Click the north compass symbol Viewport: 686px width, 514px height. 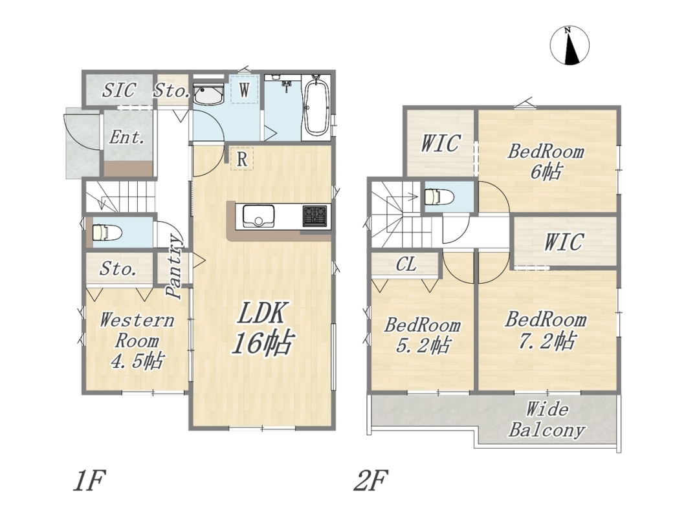click(570, 45)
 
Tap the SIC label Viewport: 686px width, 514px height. click(119, 91)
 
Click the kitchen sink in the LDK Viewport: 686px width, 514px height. click(259, 217)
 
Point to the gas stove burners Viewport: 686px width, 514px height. click(315, 217)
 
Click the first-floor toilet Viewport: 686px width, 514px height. click(106, 232)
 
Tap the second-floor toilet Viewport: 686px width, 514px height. click(438, 197)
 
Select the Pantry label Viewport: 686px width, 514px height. click(174, 267)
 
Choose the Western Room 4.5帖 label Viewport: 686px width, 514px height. click(137, 341)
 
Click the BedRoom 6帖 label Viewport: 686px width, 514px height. click(546, 162)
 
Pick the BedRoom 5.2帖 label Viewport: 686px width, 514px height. click(422, 336)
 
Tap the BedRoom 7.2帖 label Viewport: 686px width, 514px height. click(546, 330)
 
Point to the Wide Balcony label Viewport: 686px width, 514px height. click(546, 420)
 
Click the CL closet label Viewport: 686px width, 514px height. click(406, 264)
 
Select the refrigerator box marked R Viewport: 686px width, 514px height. click(242, 159)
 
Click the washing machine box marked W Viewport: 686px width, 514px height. click(244, 91)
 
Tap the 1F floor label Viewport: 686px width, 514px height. click(89, 481)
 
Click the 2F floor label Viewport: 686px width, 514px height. click(371, 481)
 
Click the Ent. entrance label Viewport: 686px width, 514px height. click(126, 138)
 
